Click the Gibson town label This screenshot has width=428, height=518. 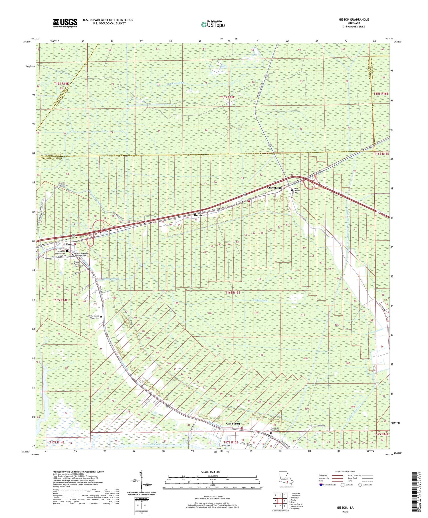pyautogui.click(x=67, y=244)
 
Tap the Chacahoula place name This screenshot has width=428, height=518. pyautogui.click(x=275, y=188)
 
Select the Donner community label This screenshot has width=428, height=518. pyautogui.click(x=199, y=215)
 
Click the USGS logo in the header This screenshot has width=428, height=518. pyautogui.click(x=65, y=23)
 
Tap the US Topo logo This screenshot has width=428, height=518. pyautogui.click(x=213, y=24)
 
